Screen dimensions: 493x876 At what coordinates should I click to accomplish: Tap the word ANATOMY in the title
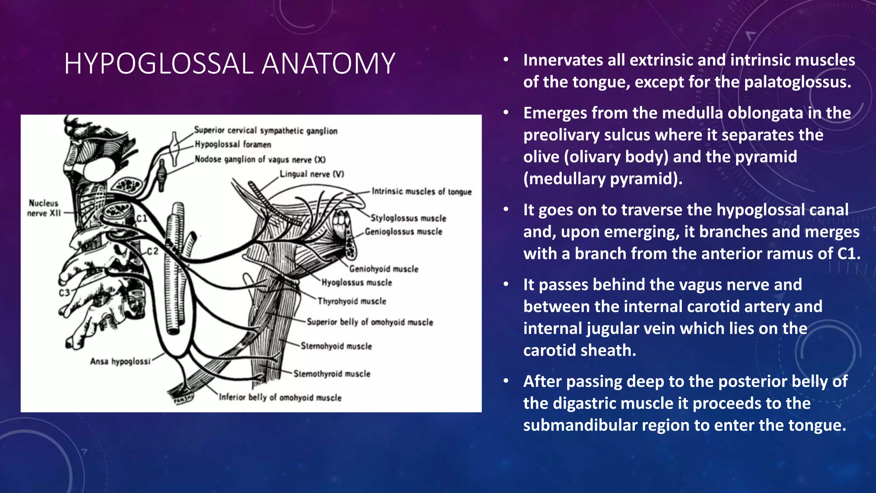click(328, 64)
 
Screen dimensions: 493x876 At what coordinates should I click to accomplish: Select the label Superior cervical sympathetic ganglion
click(266, 131)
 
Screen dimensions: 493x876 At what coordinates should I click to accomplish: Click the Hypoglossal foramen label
click(233, 145)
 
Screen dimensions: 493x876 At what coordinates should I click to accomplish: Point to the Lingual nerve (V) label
click(311, 174)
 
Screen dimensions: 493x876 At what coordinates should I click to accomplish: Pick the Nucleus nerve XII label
click(44, 208)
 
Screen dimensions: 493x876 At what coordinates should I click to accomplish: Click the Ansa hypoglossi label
click(120, 362)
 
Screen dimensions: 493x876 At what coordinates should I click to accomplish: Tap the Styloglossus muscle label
click(408, 218)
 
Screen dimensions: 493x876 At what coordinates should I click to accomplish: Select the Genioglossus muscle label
click(403, 232)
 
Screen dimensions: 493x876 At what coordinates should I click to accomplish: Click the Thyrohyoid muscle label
click(352, 301)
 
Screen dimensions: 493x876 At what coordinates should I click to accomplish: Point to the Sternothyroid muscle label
click(331, 374)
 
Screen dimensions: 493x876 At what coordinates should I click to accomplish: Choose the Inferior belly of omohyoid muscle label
click(280, 398)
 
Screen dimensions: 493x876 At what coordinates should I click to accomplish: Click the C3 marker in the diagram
click(64, 293)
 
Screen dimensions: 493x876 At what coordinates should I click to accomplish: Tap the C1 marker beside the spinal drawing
click(142, 219)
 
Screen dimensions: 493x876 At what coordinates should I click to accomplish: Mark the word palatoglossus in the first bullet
click(797, 82)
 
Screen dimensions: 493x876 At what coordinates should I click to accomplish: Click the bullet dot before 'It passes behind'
click(506, 285)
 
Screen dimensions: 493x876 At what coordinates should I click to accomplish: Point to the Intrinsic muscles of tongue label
click(421, 192)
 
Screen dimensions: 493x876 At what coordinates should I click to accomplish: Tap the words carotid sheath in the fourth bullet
click(580, 350)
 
